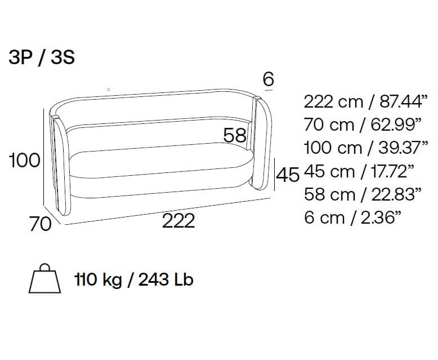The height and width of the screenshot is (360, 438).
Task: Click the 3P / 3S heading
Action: click(42, 57)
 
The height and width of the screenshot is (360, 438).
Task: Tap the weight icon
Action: click(44, 278)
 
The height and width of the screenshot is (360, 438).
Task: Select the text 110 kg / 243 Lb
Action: click(134, 279)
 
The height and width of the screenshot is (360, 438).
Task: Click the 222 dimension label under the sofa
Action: click(178, 221)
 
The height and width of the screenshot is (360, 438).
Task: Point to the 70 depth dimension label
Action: click(41, 224)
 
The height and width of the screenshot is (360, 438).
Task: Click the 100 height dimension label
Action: click(25, 160)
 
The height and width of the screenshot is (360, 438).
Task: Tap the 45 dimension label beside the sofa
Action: click(288, 175)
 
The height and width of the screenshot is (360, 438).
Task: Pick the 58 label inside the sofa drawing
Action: click(235, 135)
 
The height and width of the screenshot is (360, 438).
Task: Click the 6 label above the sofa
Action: click(268, 79)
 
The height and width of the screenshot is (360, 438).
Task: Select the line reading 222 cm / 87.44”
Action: click(365, 101)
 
